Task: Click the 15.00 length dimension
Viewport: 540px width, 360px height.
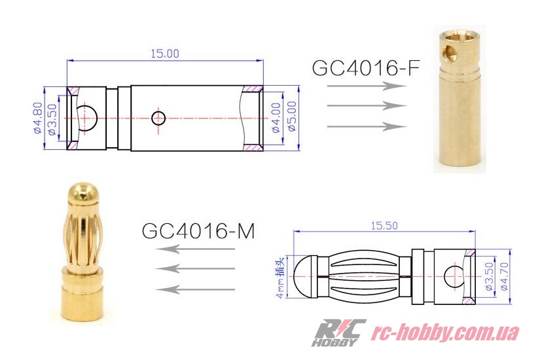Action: [x=165, y=54]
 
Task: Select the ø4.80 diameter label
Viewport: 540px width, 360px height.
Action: [x=38, y=118]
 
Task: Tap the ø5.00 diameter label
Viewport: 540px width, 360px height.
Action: [x=292, y=116]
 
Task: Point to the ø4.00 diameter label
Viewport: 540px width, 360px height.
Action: [x=276, y=117]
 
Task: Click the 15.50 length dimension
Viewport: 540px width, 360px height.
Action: [x=384, y=226]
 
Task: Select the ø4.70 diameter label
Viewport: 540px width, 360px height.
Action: [x=504, y=276]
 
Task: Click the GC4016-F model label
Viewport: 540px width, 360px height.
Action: [x=366, y=67]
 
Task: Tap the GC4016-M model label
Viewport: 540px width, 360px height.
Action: [x=198, y=231]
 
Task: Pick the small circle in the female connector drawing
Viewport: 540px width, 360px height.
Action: [x=158, y=118]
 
